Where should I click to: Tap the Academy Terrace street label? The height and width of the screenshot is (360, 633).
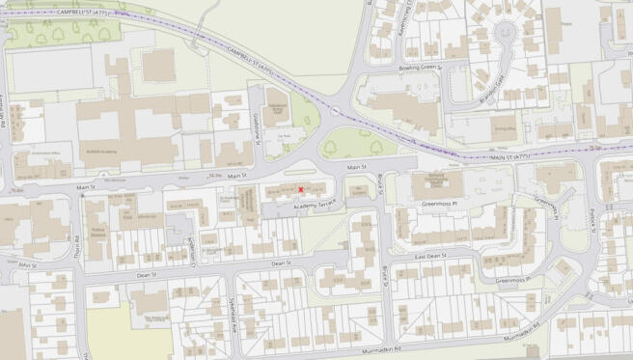click(306, 205)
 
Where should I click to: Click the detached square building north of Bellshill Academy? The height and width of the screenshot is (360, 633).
click(159, 65)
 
